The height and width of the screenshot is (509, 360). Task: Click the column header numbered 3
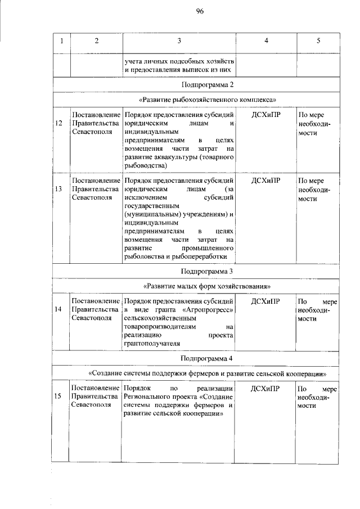coord(179,41)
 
